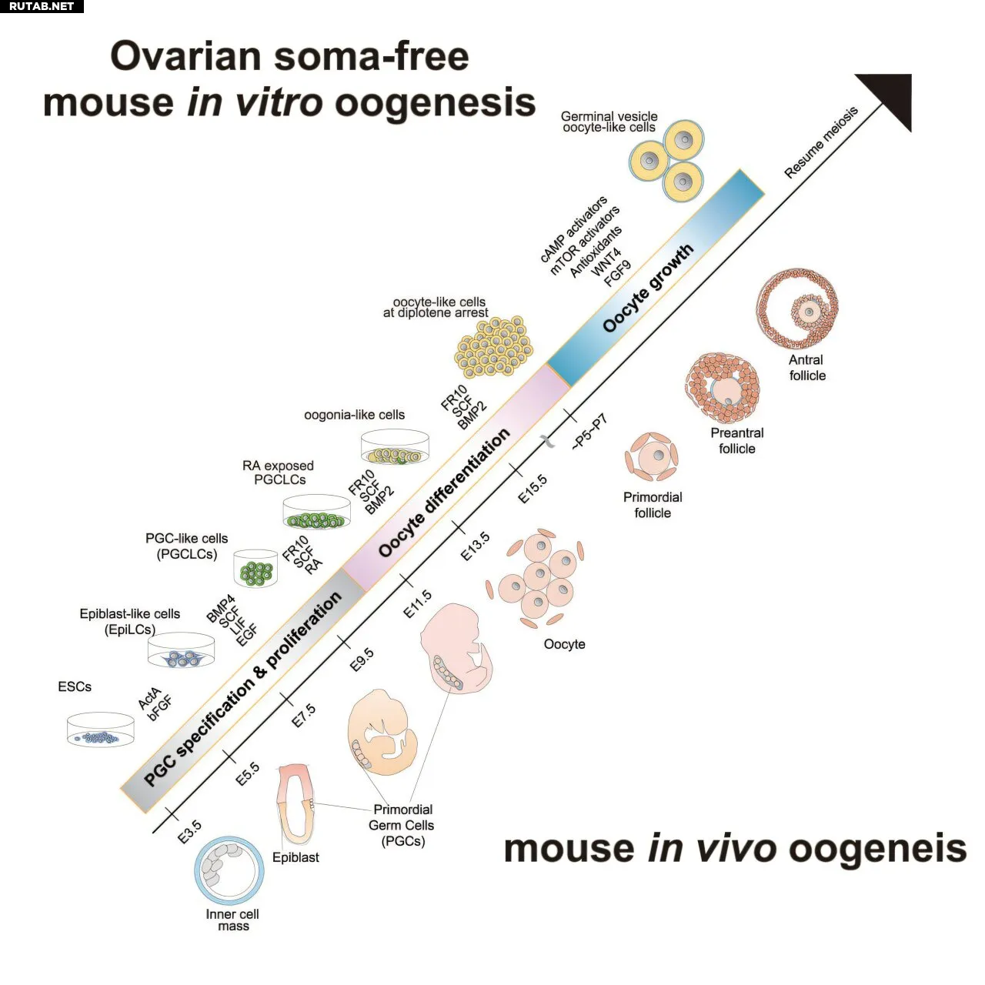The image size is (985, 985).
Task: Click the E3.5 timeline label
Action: coord(189,832)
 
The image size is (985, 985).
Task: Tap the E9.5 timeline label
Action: coord(362,659)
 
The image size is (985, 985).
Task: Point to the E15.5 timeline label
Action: coord(532,489)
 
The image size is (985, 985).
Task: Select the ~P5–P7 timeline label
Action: coord(590,432)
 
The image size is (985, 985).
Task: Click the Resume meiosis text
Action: coord(821,142)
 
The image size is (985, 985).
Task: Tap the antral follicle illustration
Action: coord(797,309)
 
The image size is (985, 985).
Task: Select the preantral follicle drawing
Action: coord(723,386)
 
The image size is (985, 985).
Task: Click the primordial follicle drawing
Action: coord(652,457)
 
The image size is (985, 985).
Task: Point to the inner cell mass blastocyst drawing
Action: coord(229,871)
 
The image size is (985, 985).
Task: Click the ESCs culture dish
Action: coord(101,730)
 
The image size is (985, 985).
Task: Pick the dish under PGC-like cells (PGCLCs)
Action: coord(255,569)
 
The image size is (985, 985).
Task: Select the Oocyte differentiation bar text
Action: coord(444,492)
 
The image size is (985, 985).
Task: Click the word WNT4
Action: coord(606,262)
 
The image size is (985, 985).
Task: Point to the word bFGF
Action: coord(159,709)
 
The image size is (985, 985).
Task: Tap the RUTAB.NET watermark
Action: coord(42,6)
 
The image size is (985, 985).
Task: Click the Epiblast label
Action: coord(295,857)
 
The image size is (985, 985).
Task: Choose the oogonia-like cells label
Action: coord(354,415)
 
